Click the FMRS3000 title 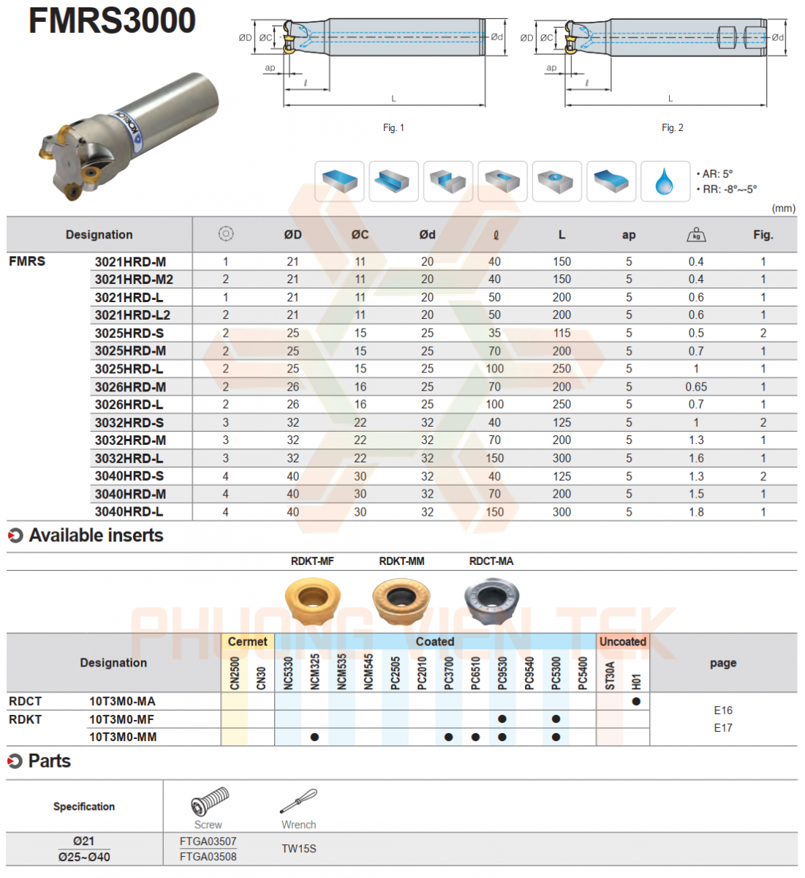pyautogui.click(x=112, y=20)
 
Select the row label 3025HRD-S pyautogui.click(x=129, y=333)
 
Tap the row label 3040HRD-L pyautogui.click(x=129, y=512)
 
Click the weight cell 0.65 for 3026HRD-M pyautogui.click(x=696, y=387)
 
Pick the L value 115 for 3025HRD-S pyautogui.click(x=562, y=333)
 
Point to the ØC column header pyautogui.click(x=360, y=235)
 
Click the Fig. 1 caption pyautogui.click(x=393, y=128)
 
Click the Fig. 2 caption pyautogui.click(x=673, y=128)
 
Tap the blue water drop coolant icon pyautogui.click(x=665, y=181)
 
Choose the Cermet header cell pyautogui.click(x=248, y=642)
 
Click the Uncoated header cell pyautogui.click(x=623, y=642)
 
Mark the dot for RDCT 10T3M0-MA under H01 pyautogui.click(x=636, y=701)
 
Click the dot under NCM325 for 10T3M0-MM pyautogui.click(x=315, y=737)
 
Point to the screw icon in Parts pyautogui.click(x=209, y=801)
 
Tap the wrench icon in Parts pyautogui.click(x=298, y=801)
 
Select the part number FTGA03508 pyautogui.click(x=208, y=857)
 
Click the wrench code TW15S pyautogui.click(x=299, y=849)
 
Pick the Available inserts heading pyautogui.click(x=96, y=536)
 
